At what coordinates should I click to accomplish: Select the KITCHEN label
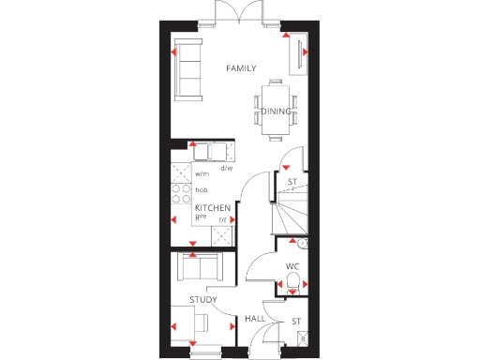coord(213,207)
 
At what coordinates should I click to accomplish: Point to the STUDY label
coord(203,300)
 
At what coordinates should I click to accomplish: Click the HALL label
coord(255,320)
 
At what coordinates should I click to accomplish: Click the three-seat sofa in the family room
coord(189,71)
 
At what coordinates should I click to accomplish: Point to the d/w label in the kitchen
coord(226,169)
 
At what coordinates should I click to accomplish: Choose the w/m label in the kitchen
coord(202,174)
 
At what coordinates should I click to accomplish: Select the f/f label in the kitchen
coord(223,220)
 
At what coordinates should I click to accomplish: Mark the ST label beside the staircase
coord(292,182)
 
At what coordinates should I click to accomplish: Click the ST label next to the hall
coord(296,322)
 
